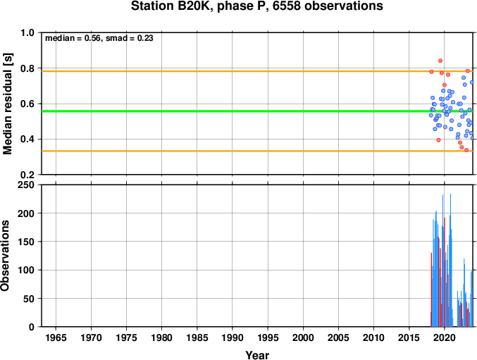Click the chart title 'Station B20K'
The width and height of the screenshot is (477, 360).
pyautogui.click(x=171, y=6)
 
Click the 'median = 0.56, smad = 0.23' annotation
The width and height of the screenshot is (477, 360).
pyautogui.click(x=99, y=38)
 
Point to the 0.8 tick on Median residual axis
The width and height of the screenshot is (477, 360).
pyautogui.click(x=27, y=68)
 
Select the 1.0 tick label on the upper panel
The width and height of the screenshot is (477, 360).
pyautogui.click(x=27, y=33)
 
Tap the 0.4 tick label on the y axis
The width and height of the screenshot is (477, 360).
pyautogui.click(x=27, y=139)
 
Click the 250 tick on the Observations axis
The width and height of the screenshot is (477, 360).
pyautogui.click(x=26, y=185)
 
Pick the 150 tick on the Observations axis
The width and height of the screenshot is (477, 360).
pyautogui.click(x=26, y=242)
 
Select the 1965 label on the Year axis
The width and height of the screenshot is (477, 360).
pyautogui.click(x=56, y=337)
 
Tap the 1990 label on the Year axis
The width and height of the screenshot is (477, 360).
pyautogui.click(x=233, y=337)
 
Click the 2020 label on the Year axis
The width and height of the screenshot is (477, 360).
pyautogui.click(x=444, y=337)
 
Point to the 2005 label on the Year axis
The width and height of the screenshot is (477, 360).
pyautogui.click(x=338, y=337)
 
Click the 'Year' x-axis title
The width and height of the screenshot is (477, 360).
pyautogui.click(x=257, y=355)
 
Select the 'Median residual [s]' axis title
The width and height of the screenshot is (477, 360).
pyautogui.click(x=7, y=104)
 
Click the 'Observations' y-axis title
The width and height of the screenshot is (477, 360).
pyautogui.click(x=5, y=256)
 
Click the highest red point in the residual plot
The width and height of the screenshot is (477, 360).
pyautogui.click(x=440, y=61)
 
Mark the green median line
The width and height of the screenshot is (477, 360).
pyautogui.click(x=257, y=111)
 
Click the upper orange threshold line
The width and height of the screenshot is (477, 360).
pyautogui.click(x=257, y=71)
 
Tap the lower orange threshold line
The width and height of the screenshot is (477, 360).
pyautogui.click(x=257, y=151)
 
